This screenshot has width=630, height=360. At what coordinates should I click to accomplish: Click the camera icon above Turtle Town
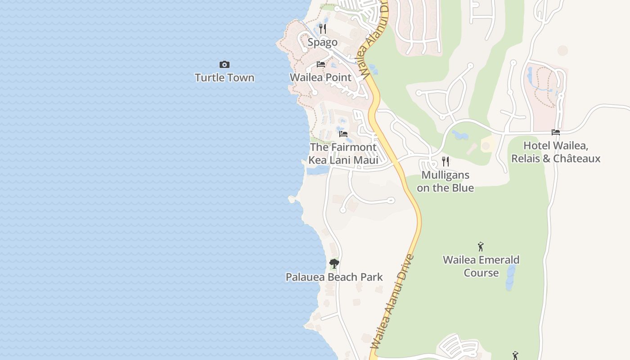224,65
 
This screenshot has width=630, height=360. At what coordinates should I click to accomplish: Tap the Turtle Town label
225,77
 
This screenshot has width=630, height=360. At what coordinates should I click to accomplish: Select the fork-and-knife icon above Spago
322,29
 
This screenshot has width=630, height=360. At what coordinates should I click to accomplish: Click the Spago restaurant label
322,42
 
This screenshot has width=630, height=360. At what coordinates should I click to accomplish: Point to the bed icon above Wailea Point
321,64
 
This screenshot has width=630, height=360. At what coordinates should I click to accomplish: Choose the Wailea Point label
320,77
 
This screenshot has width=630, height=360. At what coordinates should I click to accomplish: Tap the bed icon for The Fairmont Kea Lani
343,134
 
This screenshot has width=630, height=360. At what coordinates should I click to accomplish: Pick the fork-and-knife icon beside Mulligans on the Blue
445,162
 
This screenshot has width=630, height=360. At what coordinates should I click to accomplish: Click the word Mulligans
445,175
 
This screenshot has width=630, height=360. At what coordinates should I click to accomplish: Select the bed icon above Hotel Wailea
556,132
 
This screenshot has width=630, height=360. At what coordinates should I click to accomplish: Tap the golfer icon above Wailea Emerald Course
481,247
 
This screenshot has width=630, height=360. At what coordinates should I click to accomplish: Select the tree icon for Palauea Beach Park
334,264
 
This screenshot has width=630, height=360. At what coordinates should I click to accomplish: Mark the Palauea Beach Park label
334,277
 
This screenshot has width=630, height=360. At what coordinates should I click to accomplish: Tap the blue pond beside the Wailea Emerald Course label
511,277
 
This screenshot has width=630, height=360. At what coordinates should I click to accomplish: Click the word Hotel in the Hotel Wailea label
537,146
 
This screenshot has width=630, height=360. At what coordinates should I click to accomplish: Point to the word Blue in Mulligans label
462,188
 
